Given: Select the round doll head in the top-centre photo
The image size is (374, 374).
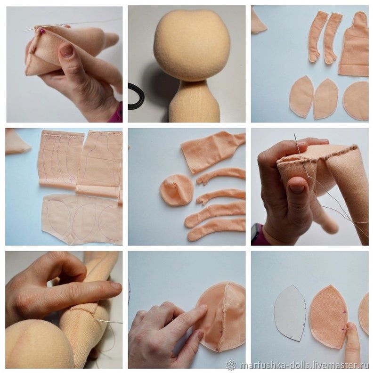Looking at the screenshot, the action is click(191, 45).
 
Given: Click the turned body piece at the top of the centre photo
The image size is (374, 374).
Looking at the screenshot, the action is click(211, 150).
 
